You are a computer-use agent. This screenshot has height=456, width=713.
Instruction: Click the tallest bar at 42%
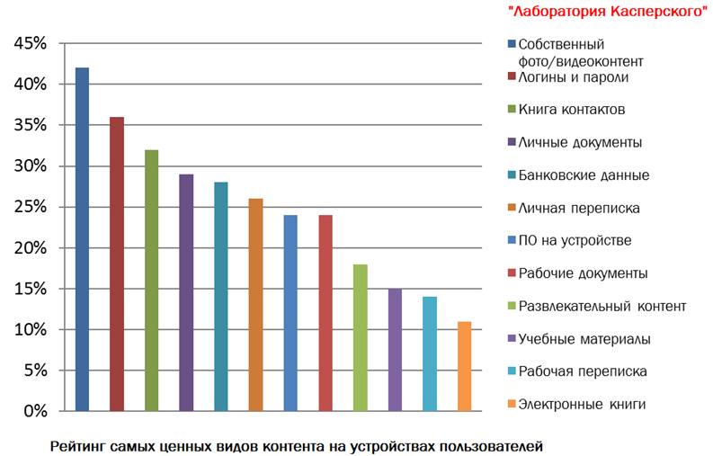[82, 239]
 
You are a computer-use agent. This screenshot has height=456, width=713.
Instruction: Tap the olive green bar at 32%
[151, 281]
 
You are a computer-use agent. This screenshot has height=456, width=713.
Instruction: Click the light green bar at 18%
[360, 337]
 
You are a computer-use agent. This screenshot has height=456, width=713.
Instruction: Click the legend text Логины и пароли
[572, 77]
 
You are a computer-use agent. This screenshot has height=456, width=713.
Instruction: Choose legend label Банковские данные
[584, 174]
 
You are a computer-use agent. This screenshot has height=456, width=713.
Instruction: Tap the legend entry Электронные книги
[582, 404]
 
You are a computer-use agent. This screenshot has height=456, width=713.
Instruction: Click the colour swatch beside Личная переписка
[511, 208]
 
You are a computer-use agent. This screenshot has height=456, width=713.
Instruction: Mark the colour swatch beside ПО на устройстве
[511, 240]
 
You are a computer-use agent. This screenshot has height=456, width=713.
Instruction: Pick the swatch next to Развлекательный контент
[511, 306]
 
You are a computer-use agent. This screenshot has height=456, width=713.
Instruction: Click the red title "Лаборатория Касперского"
[603, 11]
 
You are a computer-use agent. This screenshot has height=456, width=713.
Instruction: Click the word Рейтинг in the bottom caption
[78, 444]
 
